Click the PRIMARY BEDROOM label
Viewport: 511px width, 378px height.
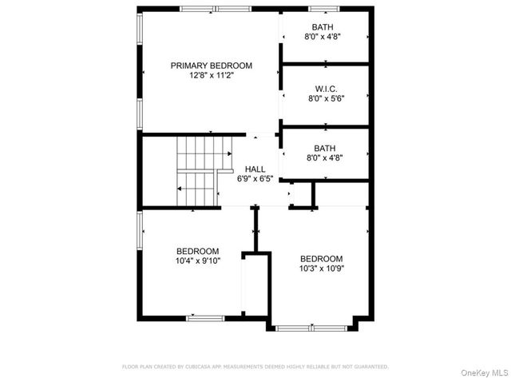tap(211, 66)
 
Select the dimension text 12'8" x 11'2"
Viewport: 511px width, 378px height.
tap(211, 76)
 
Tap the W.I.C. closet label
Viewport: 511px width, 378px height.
tap(326, 89)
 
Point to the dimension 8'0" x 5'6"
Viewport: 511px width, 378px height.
tap(326, 99)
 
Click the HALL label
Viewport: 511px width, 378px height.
tap(255, 169)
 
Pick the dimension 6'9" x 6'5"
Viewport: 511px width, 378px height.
tap(255, 180)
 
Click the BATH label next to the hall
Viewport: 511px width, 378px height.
tap(326, 148)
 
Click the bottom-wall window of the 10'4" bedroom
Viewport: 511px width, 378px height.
tap(206, 318)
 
